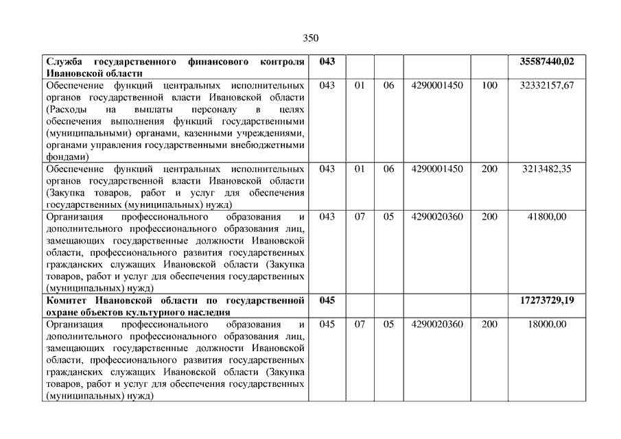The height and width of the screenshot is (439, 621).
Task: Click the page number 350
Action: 310,38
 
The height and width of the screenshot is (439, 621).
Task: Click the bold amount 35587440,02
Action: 547,62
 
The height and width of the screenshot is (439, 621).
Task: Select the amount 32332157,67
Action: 547,86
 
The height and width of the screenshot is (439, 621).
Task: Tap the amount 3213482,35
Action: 547,169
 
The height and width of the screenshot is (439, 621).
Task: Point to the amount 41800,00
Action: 548,217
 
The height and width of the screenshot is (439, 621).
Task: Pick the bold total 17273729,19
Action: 547,300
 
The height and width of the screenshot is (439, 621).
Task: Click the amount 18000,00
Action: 548,324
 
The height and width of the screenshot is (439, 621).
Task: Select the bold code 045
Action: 327,300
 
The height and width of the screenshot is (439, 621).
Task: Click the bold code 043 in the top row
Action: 327,62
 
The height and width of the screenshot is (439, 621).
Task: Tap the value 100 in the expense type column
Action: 489,86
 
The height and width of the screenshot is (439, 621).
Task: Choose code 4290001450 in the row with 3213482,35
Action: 437,169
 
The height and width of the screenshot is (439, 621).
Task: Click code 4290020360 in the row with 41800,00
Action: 437,217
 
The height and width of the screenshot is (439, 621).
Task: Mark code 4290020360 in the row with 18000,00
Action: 437,324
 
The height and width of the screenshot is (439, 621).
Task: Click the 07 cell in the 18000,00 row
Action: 360,324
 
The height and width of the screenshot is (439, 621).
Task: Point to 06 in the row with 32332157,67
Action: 389,86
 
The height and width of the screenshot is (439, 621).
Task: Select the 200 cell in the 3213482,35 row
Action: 489,169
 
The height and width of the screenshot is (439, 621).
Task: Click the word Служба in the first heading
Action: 62,62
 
